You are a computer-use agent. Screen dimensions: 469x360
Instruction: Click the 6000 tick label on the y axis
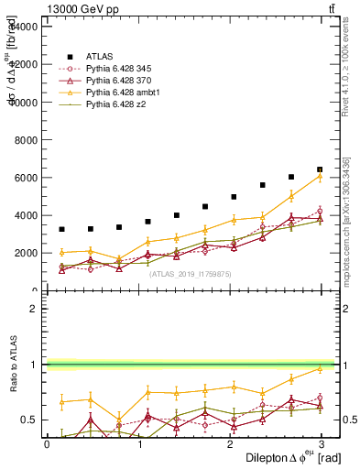coord(25,178)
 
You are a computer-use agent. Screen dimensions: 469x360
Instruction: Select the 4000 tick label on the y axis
coord(25,215)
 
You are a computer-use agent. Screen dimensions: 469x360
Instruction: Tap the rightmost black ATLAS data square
coord(320,169)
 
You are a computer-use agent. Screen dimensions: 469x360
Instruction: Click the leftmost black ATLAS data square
coord(61,229)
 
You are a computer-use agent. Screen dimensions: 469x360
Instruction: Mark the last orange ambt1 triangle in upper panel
coord(320,176)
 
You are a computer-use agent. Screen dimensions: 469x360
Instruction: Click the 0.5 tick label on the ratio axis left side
coord(29,420)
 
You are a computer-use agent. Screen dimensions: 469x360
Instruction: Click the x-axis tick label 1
coord(140,443)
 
